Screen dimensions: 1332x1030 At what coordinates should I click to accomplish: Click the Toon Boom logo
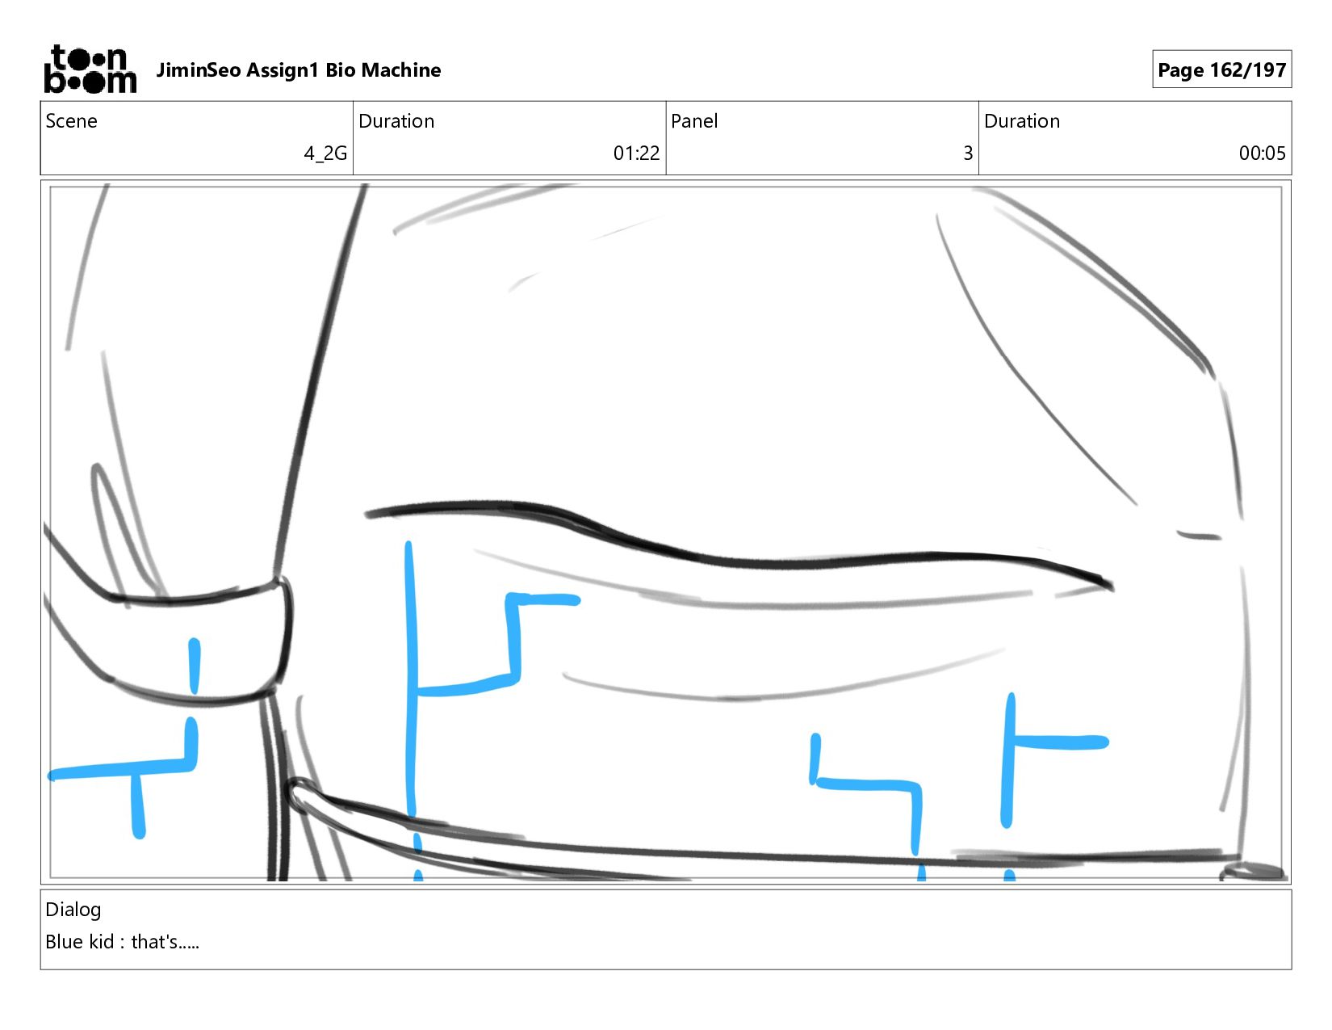coord(90,69)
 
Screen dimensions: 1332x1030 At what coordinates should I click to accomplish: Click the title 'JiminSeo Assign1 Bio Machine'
coord(299,70)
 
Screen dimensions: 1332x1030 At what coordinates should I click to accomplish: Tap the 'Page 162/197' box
coord(1221,69)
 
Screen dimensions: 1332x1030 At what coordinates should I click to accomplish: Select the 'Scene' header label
coord(71,121)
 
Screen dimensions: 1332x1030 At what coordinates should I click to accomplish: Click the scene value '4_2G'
coord(325,153)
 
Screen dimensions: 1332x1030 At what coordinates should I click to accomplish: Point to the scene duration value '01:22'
coord(636,153)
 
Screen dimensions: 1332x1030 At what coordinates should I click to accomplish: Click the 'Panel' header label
coord(694,121)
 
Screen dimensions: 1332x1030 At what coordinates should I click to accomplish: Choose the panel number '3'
coord(968,153)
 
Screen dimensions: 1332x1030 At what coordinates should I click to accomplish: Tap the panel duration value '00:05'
coord(1262,153)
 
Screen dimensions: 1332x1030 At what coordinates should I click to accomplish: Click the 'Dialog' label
coord(73,910)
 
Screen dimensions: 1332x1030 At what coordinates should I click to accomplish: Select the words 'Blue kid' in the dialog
coord(80,942)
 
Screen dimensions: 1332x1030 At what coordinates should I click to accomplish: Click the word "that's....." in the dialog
coord(165,942)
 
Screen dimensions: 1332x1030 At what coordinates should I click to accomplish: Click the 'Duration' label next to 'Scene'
coord(396,121)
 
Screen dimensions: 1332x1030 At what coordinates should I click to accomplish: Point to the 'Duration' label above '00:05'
coord(1022,121)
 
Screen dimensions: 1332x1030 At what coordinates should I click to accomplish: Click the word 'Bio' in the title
coord(340,70)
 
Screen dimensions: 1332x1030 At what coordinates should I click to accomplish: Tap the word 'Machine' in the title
coord(401,70)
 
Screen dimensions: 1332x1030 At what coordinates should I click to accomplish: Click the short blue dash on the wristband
coord(195,666)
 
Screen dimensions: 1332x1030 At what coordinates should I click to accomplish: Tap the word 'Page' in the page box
coord(1180,70)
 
